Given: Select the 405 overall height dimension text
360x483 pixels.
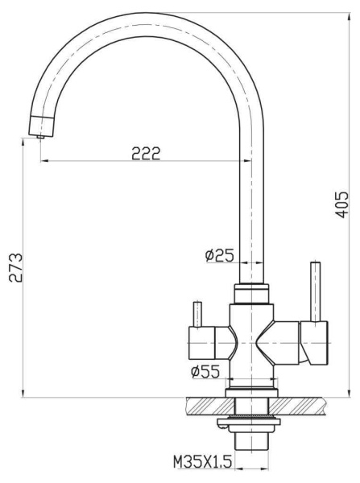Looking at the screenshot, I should tap(341, 205).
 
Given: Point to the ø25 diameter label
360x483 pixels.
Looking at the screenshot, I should tap(219, 255).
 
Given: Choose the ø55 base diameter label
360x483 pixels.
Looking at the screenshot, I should tap(206, 371).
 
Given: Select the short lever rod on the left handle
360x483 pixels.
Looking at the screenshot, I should tap(194, 312).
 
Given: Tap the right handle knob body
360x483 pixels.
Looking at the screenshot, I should tap(314, 340).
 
